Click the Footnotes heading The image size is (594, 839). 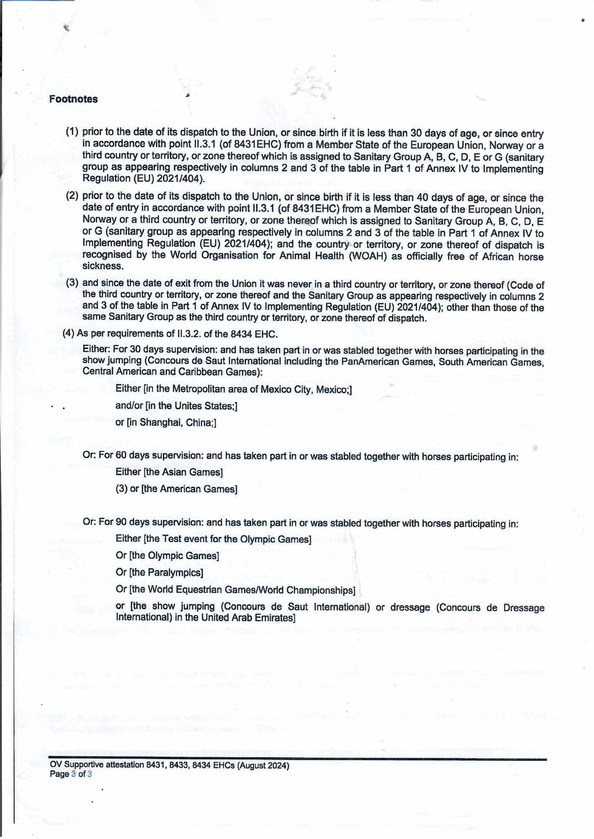pyautogui.click(x=74, y=100)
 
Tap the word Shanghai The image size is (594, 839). pyautogui.click(x=161, y=423)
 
